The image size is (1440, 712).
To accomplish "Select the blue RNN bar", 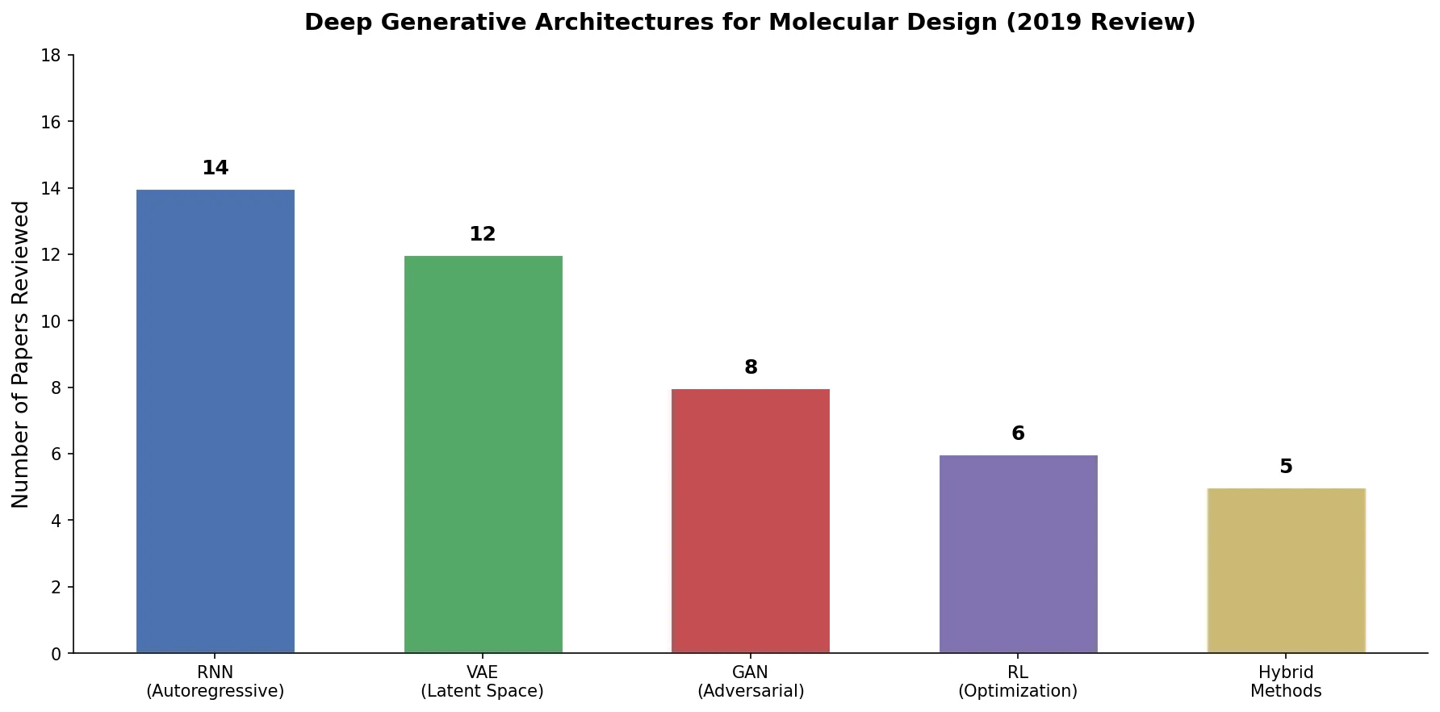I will click(216, 421).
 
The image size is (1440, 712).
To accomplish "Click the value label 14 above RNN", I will click(216, 168).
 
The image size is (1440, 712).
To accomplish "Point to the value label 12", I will click(483, 234).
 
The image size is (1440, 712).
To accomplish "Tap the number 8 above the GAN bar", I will click(751, 367).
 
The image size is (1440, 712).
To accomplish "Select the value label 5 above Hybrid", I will click(1286, 467).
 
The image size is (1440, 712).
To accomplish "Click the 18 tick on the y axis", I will click(51, 56).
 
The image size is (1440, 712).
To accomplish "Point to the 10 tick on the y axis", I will click(51, 321).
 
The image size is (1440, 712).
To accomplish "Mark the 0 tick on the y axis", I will click(56, 654).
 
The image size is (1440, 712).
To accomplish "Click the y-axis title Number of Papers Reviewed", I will click(21, 354).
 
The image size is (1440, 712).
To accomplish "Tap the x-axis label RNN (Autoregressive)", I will click(216, 682).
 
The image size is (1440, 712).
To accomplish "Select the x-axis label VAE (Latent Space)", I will click(483, 682).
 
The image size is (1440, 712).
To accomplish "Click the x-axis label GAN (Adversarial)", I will click(751, 682).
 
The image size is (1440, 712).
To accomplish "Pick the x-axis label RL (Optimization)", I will click(1018, 682).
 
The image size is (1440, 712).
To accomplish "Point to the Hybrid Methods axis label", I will click(1286, 682).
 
